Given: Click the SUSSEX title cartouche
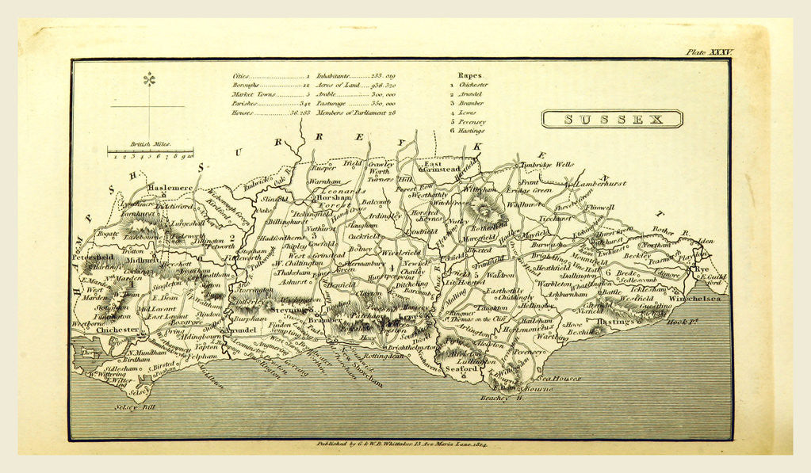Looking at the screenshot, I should [612, 119].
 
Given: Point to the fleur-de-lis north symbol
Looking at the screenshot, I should [148, 79].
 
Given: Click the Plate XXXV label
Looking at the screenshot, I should [710, 52].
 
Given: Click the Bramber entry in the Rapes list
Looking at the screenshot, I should [470, 103].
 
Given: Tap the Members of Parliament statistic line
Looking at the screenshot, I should [356, 113].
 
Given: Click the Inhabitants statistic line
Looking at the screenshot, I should [356, 74].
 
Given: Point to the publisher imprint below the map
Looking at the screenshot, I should [400, 446].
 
